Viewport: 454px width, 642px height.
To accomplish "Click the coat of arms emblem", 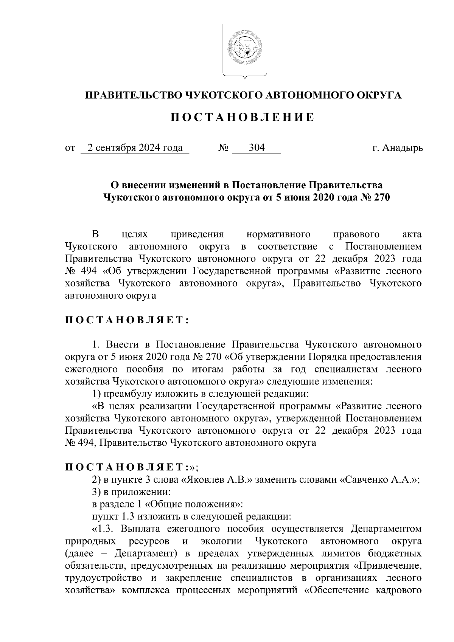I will click(x=244, y=50).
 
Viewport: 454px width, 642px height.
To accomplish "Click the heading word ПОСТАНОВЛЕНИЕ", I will click(x=242, y=117).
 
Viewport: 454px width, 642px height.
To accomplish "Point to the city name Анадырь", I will click(x=403, y=148).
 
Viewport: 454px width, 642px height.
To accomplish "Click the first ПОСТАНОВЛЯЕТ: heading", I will click(x=127, y=321).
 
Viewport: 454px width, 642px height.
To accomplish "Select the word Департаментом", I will click(x=386, y=528).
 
